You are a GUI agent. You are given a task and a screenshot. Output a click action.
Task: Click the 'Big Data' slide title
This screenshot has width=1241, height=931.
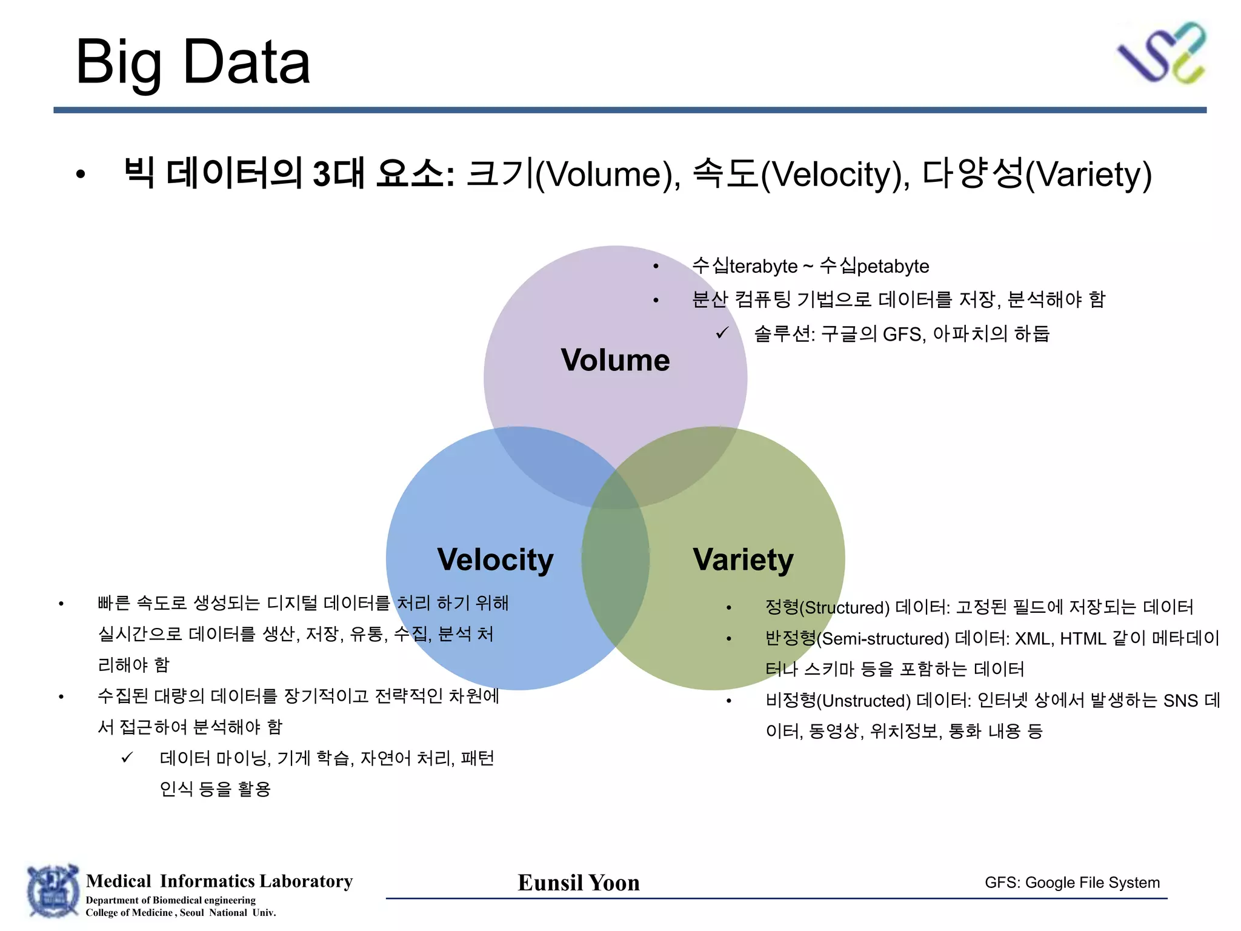click(x=193, y=62)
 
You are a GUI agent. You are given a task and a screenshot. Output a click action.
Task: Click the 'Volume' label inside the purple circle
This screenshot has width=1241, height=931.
click(x=615, y=360)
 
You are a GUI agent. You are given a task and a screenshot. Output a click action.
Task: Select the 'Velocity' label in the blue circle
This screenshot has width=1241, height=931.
click(x=495, y=559)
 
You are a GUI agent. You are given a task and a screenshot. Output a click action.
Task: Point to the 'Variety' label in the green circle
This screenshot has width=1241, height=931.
click(x=743, y=559)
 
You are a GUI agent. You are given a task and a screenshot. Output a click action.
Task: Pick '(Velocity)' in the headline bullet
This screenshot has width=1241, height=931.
click(x=835, y=175)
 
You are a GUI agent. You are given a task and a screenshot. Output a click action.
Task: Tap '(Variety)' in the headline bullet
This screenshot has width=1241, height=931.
click(x=1088, y=175)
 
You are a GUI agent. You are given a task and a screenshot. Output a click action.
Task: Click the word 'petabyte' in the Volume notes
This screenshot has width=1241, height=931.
click(x=893, y=266)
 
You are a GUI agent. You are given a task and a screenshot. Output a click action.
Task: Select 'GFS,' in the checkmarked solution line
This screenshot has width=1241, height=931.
click(x=904, y=334)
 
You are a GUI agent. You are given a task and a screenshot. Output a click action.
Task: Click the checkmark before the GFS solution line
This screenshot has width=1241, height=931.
click(x=722, y=333)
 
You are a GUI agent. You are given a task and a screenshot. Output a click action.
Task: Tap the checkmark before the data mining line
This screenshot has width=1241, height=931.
click(x=127, y=758)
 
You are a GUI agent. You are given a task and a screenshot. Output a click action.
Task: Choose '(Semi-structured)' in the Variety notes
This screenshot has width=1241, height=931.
click(x=883, y=639)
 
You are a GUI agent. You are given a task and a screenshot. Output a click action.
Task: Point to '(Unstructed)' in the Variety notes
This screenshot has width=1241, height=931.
click(x=863, y=701)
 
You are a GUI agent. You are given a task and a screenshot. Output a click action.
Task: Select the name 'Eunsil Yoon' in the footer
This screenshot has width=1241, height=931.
click(x=579, y=883)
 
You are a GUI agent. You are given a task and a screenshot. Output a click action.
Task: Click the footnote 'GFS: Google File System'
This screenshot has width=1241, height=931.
click(x=1072, y=883)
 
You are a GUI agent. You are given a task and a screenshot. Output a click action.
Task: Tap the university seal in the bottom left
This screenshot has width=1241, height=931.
click(x=53, y=892)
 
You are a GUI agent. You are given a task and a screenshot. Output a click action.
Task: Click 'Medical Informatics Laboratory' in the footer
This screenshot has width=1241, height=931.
click(x=219, y=881)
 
